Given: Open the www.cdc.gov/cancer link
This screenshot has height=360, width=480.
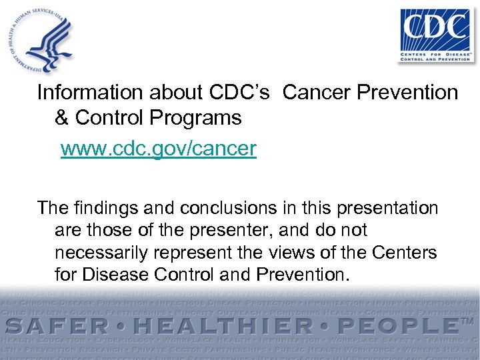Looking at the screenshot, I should click(x=158, y=148).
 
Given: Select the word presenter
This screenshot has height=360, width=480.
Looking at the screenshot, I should click(x=221, y=231).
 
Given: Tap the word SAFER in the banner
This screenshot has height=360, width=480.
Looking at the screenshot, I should click(x=61, y=326).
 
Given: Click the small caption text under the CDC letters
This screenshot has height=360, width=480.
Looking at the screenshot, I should click(x=434, y=55).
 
